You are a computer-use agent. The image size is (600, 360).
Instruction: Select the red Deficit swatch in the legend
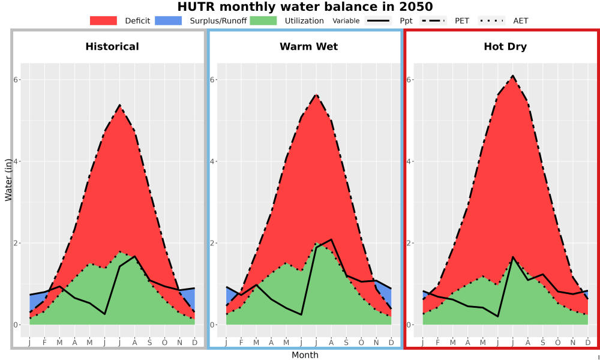pyautogui.click(x=103, y=20)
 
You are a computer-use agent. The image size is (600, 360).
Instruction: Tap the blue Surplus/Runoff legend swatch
pyautogui.click(x=169, y=20)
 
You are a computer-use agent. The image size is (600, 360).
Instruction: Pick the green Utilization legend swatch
pyautogui.click(x=263, y=20)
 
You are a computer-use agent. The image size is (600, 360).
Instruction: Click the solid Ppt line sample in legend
pyautogui.click(x=378, y=20)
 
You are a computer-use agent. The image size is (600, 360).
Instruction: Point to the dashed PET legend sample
pyautogui.click(x=434, y=20)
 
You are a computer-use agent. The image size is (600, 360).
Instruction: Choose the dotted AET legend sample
pyautogui.click(x=492, y=20)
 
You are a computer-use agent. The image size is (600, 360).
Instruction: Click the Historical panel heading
pyautogui.click(x=112, y=47)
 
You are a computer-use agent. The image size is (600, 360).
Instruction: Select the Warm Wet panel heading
pyautogui.click(x=309, y=47)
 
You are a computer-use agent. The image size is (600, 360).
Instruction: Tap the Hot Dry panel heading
pyautogui.click(x=505, y=47)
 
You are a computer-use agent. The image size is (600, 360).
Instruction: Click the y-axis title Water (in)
pyautogui.click(x=8, y=179)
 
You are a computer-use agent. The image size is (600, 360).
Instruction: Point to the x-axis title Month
pyautogui.click(x=305, y=355)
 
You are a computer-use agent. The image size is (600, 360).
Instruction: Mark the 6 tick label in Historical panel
pyautogui.click(x=16, y=80)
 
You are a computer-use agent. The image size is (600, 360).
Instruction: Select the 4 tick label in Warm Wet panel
pyautogui.click(x=213, y=161)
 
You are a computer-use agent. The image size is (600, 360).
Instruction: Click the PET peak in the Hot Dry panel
pyautogui.click(x=513, y=76)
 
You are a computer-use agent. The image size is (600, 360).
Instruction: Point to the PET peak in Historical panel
pyautogui.click(x=120, y=105)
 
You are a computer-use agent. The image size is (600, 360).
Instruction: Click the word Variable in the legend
pyautogui.click(x=346, y=21)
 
